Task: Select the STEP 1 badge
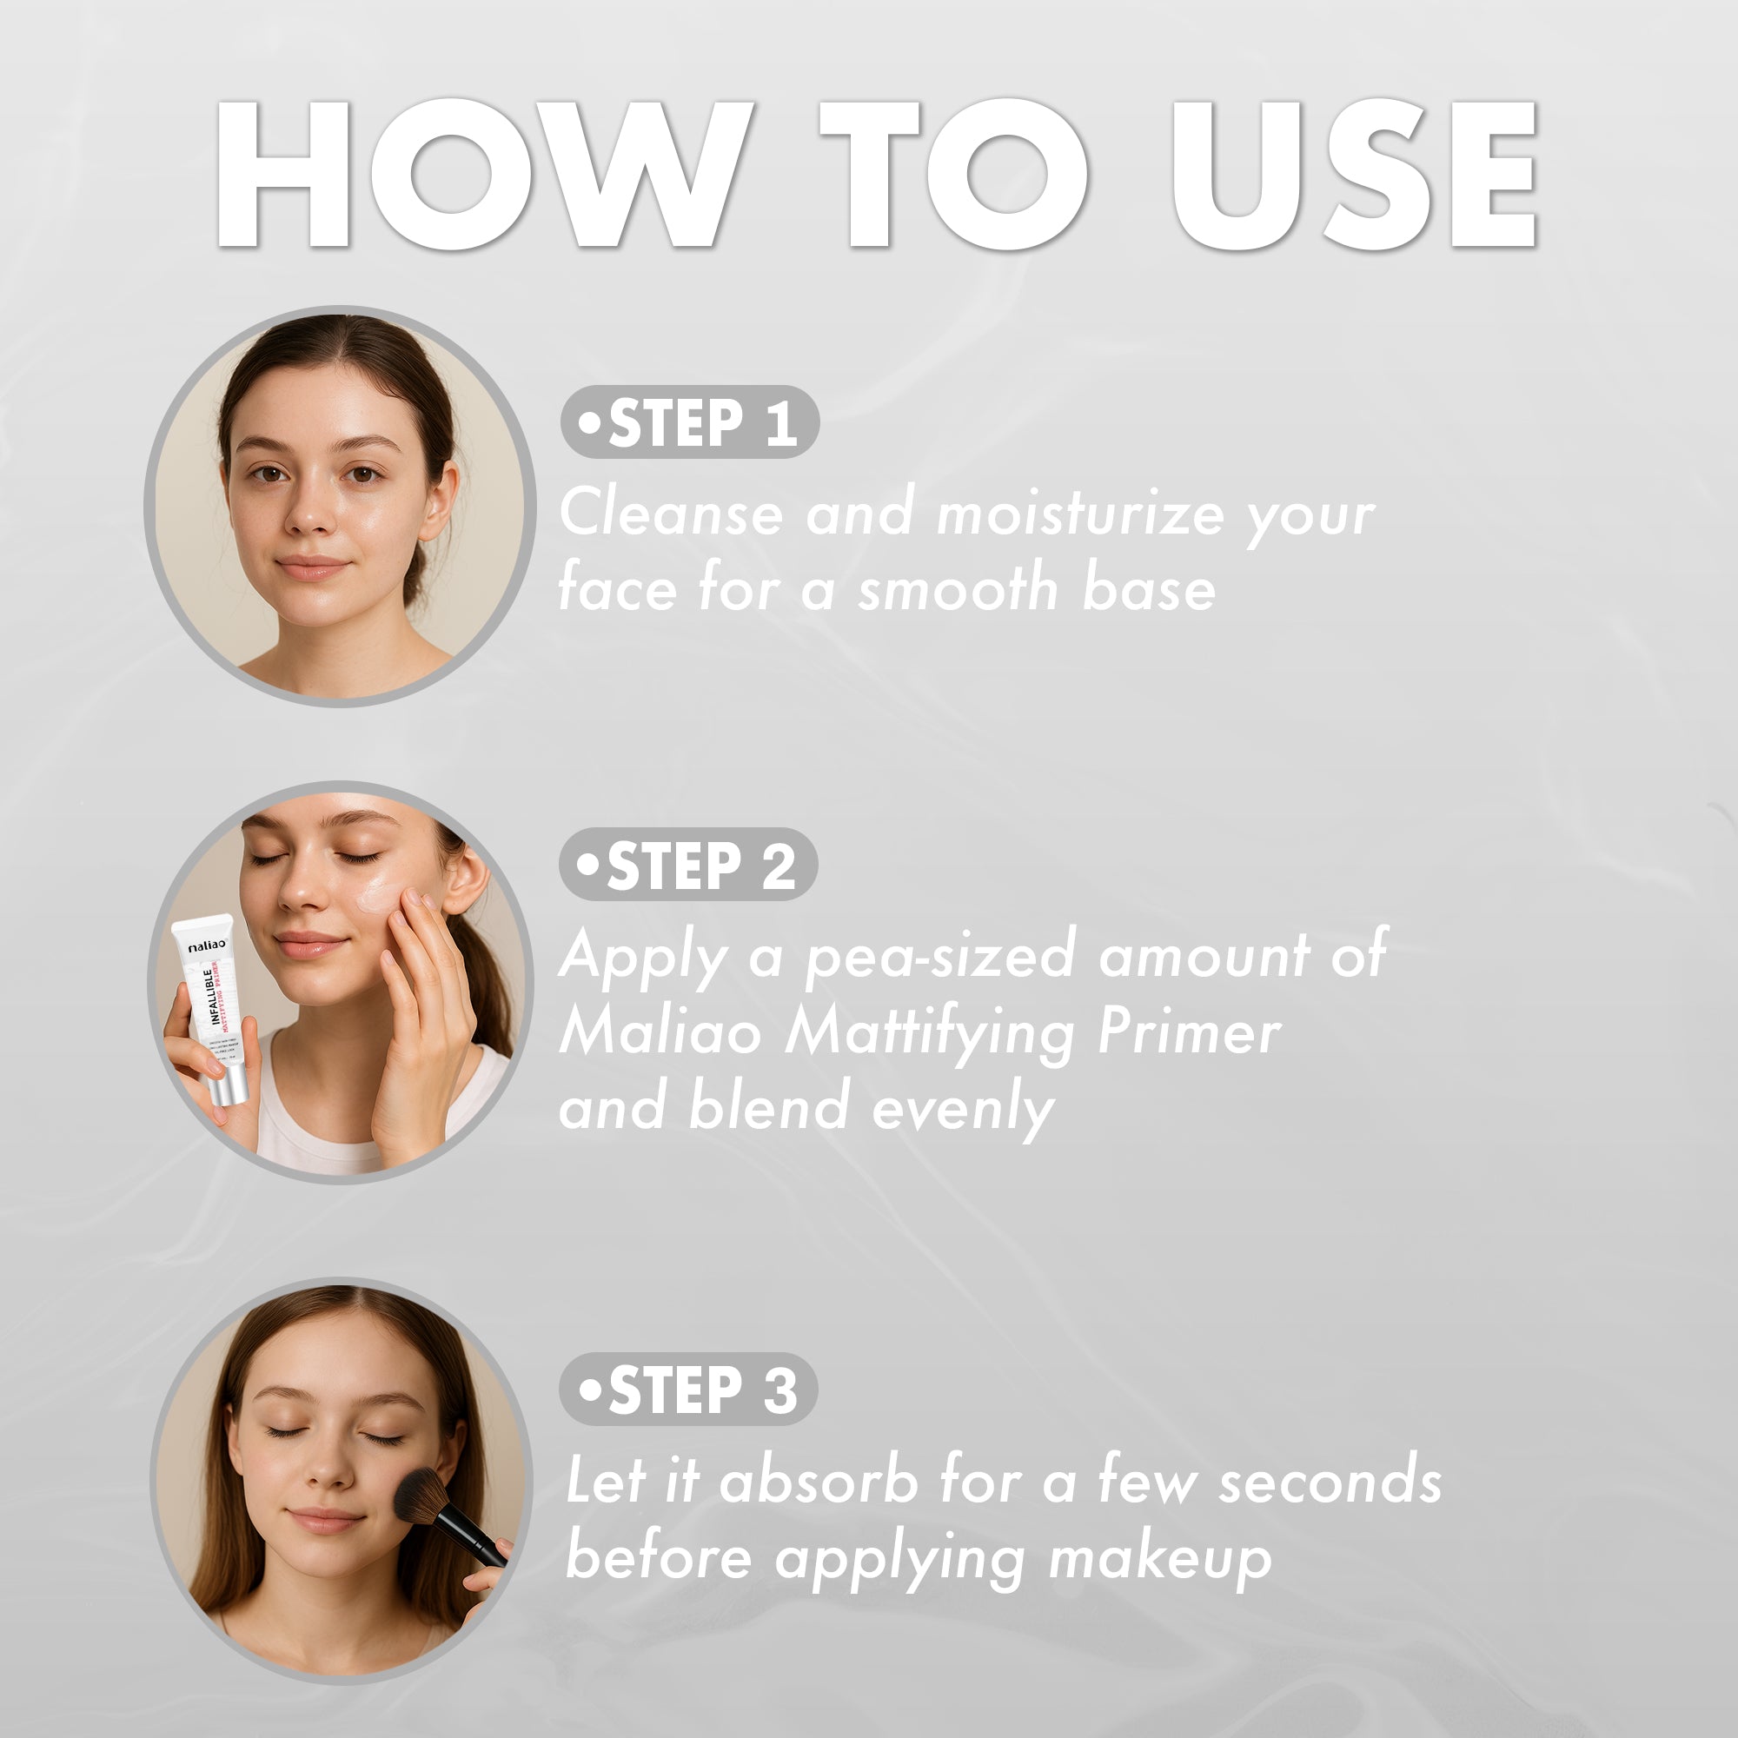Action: (x=690, y=422)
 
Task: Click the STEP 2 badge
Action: (x=688, y=865)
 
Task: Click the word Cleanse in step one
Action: (x=670, y=514)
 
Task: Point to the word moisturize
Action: (x=1079, y=514)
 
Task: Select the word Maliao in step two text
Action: (x=661, y=1032)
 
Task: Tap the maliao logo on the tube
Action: (x=207, y=946)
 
